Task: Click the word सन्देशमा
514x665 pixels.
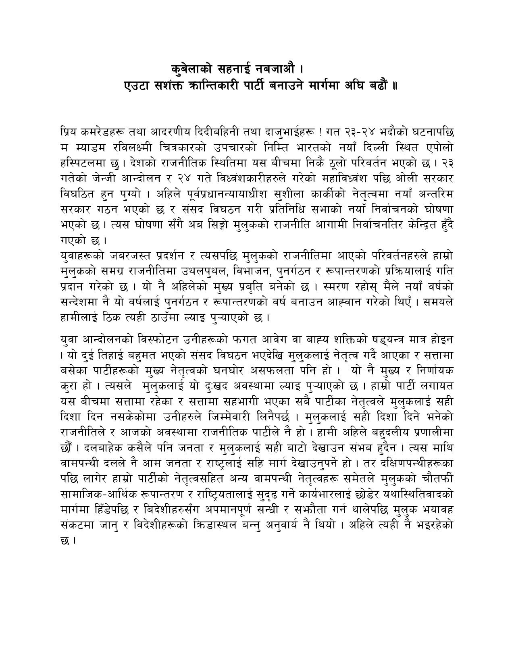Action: [77, 302]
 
